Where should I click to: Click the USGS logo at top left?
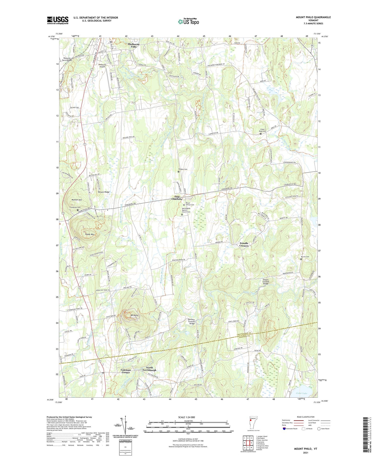(x=58, y=20)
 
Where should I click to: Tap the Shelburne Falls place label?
(x=134, y=45)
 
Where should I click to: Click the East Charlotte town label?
(x=177, y=198)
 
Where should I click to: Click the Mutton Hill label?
(x=77, y=200)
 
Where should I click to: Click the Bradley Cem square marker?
(x=178, y=172)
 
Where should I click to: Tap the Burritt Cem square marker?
(x=301, y=259)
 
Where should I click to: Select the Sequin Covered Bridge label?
(x=266, y=282)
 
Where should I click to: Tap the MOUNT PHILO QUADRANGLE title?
(x=313, y=17)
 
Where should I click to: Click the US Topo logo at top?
(x=188, y=22)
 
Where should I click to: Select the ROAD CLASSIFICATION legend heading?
(x=306, y=417)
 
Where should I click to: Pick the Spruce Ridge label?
(x=104, y=192)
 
